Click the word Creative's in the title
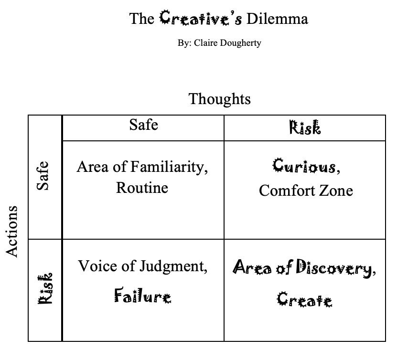point(201,18)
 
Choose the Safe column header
point(143,125)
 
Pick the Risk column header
point(305,127)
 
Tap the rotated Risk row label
point(44,288)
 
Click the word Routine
point(142,187)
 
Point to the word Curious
point(305,166)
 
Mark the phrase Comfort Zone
point(306,191)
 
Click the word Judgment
point(173,266)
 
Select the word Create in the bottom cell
point(304,299)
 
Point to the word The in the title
point(142,19)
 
